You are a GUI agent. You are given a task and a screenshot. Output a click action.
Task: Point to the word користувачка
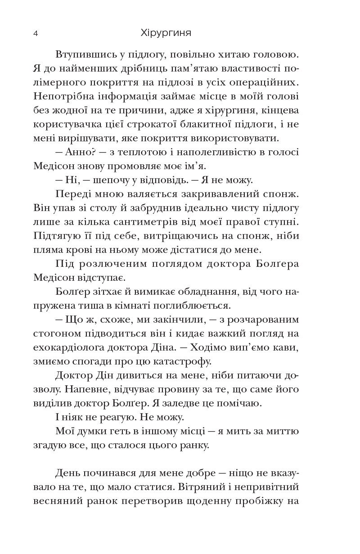(x=67, y=124)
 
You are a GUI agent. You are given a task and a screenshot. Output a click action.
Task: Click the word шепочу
(x=105, y=180)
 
